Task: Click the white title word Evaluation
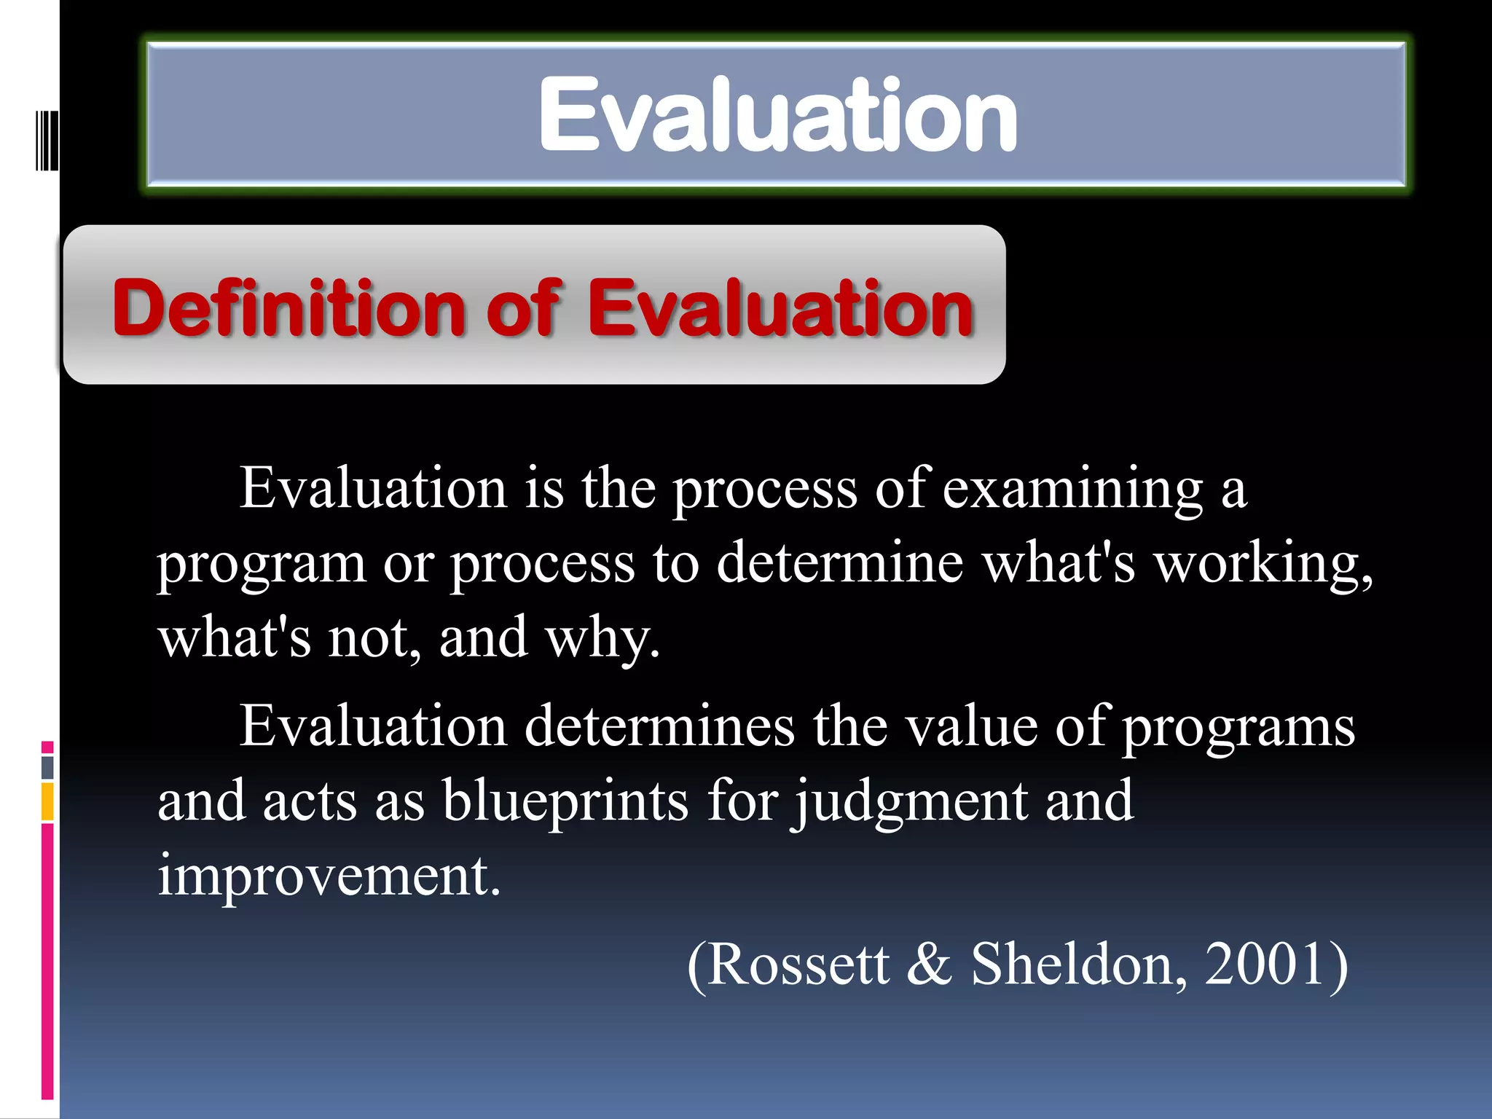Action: point(777,115)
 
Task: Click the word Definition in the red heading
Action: point(288,310)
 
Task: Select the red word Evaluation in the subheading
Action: point(780,310)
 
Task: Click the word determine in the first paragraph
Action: point(839,562)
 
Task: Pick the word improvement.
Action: point(329,876)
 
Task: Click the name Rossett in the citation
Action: point(797,965)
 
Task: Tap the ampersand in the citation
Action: point(930,965)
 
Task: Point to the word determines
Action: point(659,727)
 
